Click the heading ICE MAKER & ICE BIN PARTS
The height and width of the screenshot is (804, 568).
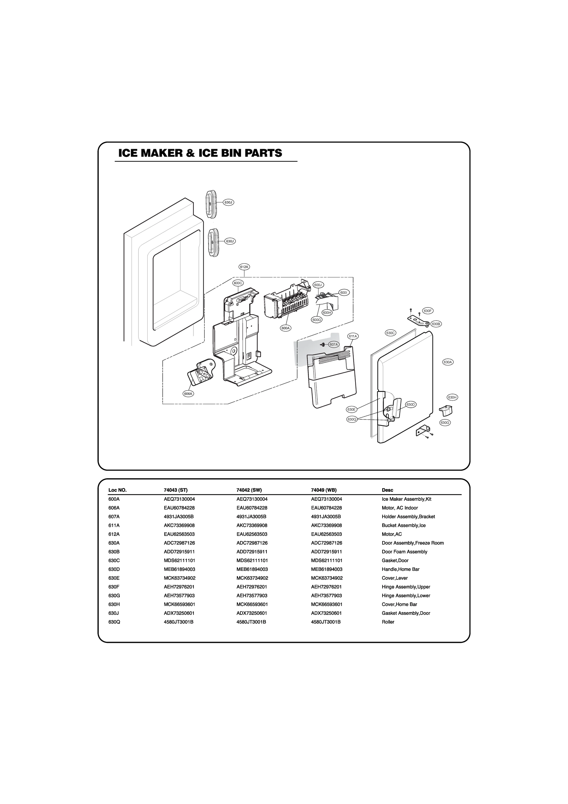(x=200, y=153)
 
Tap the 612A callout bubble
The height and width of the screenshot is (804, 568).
(x=244, y=267)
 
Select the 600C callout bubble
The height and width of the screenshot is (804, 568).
(x=238, y=283)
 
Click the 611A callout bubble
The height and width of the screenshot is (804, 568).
(x=353, y=336)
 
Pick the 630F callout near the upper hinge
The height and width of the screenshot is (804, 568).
(x=428, y=311)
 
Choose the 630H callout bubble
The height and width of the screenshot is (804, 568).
(x=452, y=397)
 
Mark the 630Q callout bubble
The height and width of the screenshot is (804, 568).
(x=352, y=419)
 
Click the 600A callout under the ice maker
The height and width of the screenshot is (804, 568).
(x=286, y=328)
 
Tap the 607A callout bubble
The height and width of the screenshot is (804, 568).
(x=334, y=345)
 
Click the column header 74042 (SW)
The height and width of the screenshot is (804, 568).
(x=249, y=490)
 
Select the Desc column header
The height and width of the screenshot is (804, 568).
(x=387, y=490)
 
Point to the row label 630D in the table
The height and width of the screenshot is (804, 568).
(x=114, y=569)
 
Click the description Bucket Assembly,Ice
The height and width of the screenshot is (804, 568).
(x=404, y=525)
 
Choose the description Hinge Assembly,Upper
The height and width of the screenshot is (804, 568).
(x=406, y=587)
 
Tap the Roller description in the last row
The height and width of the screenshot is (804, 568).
(x=388, y=622)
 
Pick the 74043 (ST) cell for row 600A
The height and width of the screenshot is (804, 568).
(x=179, y=499)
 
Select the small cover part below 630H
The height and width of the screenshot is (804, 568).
(x=446, y=409)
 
